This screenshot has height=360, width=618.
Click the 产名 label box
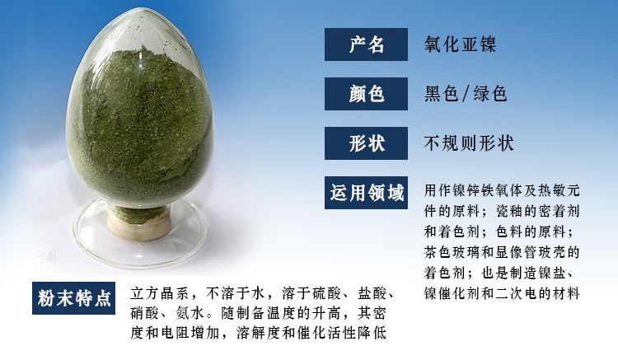click(366, 44)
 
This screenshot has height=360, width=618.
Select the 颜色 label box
click(366, 94)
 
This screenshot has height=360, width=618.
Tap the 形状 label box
click(366, 143)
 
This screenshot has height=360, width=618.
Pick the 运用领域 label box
click(366, 193)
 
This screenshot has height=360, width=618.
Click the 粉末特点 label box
click(73, 298)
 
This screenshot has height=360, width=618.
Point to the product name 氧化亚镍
click(460, 44)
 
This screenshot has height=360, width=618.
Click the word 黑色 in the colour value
click(441, 94)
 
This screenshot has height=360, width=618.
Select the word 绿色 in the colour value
click(490, 94)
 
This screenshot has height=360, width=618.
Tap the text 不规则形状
click(469, 143)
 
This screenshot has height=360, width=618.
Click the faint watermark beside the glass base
click(43, 257)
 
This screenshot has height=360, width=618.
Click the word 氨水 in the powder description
click(191, 313)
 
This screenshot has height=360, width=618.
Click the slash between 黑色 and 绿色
click(466, 94)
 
